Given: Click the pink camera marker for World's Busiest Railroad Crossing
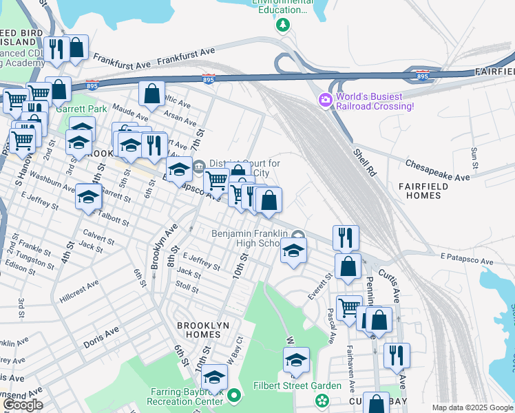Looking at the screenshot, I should point(326,100).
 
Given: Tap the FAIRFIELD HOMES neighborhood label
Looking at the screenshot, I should point(423,191).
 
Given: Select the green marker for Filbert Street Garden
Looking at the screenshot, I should point(321,400).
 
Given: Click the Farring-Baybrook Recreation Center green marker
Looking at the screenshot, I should point(235,396).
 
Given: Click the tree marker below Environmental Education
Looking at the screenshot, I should point(282,25).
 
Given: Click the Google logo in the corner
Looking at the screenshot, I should point(23,405).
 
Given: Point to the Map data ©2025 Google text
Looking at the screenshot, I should point(472,407).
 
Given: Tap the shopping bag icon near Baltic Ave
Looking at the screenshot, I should point(151,94).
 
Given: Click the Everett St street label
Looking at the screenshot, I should point(321,286).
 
